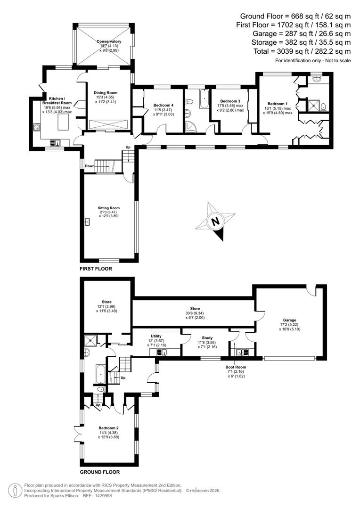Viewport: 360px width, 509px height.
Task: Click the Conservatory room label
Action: tap(109, 41)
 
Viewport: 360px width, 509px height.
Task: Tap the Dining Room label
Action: tap(106, 93)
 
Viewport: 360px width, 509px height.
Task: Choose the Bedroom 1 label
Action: tap(277, 104)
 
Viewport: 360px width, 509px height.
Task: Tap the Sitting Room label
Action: tap(109, 208)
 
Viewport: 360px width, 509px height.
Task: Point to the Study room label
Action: tap(207, 338)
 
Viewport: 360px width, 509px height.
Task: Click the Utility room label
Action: tap(156, 336)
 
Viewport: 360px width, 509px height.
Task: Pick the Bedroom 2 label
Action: tap(108, 427)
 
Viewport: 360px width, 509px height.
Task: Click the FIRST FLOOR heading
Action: tap(98, 268)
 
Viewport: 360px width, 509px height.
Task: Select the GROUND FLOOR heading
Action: tap(99, 472)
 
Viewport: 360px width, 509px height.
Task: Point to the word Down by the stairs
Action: tap(90, 166)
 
